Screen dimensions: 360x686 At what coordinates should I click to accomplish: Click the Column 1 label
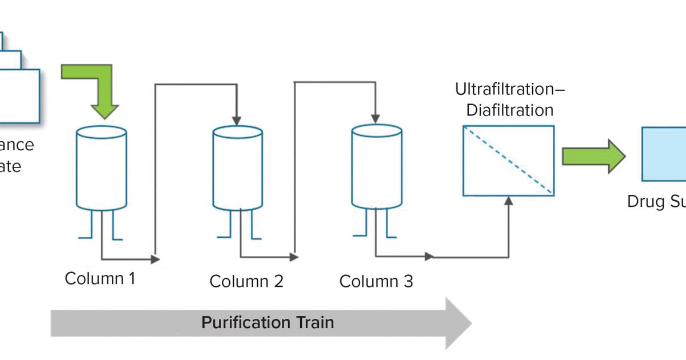coord(101,279)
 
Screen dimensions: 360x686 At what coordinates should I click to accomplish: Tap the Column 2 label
coord(246,281)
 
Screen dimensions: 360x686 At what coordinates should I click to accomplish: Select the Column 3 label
coord(376,281)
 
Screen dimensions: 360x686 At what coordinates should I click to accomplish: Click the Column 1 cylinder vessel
coord(102,168)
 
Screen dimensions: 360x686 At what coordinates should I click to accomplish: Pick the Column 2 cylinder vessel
coord(238,169)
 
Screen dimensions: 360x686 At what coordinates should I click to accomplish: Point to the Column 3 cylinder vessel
coord(376,167)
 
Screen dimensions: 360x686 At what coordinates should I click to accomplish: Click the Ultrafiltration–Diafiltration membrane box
coord(508,161)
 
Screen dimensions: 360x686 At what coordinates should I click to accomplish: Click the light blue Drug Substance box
coord(664,155)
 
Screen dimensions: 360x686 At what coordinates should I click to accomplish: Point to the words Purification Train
coord(268,322)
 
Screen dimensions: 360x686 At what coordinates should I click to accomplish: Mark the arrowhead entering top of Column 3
coord(374,118)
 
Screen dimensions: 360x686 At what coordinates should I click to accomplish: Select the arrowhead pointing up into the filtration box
coord(508,201)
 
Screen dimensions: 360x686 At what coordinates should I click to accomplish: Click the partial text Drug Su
coord(656,202)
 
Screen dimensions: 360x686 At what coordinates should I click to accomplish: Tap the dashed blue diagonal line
coord(508,161)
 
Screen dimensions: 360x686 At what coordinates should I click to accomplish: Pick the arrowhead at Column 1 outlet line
coord(155,259)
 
